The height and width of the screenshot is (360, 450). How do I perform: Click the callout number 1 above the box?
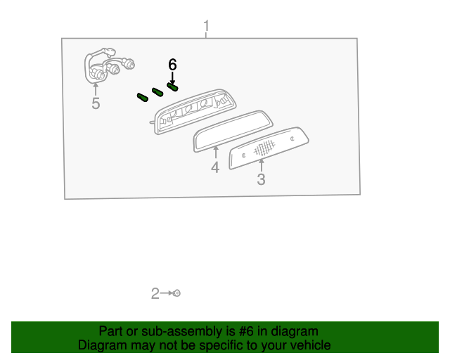point(206,26)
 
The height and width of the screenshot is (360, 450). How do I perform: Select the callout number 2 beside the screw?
point(155,294)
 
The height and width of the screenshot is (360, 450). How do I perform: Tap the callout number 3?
point(261,179)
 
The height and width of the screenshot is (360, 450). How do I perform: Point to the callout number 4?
point(215,167)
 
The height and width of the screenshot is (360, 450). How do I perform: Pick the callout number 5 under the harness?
point(96,103)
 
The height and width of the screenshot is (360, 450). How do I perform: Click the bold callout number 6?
point(172,65)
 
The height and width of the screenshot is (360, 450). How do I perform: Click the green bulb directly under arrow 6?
point(172,86)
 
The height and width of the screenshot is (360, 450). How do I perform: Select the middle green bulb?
point(157,92)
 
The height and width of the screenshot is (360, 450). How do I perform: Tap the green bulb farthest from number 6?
point(143,97)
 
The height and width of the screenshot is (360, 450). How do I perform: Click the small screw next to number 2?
point(177,293)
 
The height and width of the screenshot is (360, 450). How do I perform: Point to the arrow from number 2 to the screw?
point(167,293)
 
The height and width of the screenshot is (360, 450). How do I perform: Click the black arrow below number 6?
point(172,78)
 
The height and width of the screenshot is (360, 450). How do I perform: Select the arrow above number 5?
point(96,89)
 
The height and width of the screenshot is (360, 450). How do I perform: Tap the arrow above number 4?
point(216,152)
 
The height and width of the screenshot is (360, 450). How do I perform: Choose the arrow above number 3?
point(261,165)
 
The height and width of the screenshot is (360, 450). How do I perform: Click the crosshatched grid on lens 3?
point(264,148)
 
